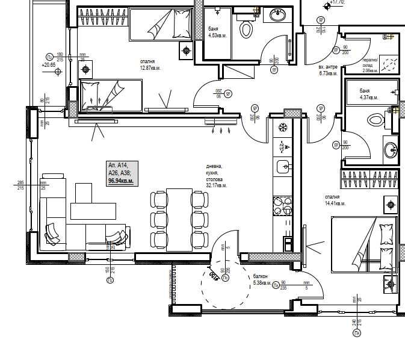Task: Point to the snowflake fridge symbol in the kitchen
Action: click(x=282, y=127)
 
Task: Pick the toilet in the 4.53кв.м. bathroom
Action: click(x=247, y=28)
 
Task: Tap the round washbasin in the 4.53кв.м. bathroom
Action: click(x=277, y=15)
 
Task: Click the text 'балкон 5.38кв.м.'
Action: click(x=264, y=280)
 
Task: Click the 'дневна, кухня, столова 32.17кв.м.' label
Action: click(x=216, y=176)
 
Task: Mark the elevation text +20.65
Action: click(x=49, y=64)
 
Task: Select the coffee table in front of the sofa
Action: click(x=93, y=210)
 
